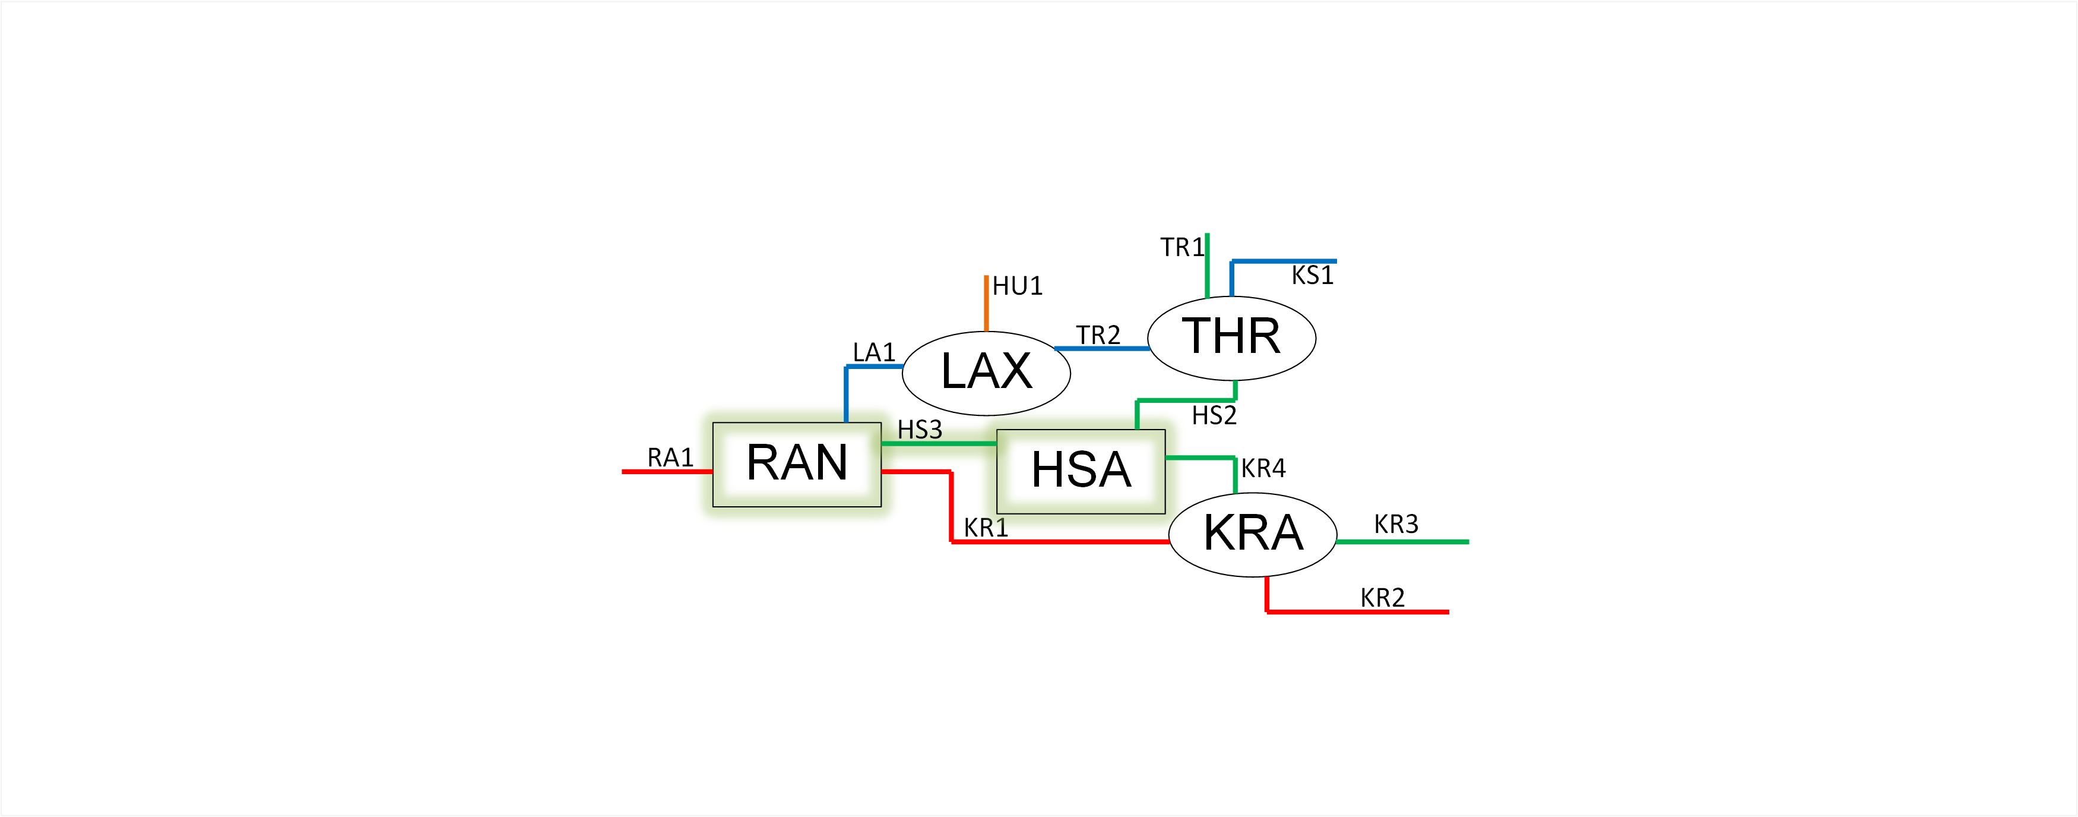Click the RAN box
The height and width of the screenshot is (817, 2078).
(x=796, y=464)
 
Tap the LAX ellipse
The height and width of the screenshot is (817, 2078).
(x=986, y=373)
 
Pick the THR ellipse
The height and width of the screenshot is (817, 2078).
(x=1231, y=337)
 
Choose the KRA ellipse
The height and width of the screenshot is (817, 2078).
(x=1253, y=534)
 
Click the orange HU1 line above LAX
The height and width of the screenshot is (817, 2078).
(x=986, y=303)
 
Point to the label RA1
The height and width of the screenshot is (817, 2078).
(x=670, y=458)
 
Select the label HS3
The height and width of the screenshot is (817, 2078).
(x=920, y=430)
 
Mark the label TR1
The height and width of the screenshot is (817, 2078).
(x=1181, y=247)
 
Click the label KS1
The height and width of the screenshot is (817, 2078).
(x=1312, y=275)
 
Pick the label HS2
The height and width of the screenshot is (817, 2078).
(x=1214, y=416)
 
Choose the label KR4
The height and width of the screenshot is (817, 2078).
(x=1263, y=468)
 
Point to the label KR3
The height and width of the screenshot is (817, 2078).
(x=1396, y=525)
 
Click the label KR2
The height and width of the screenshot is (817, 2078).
(x=1382, y=598)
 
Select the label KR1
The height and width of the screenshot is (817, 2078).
(x=986, y=528)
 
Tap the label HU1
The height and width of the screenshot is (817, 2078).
(x=1017, y=286)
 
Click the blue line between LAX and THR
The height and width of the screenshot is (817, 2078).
(x=1102, y=349)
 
